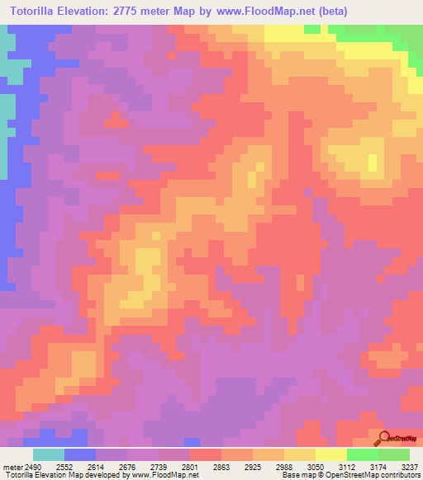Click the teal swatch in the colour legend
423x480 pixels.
tap(49, 454)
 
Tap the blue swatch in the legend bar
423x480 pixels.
tap(80, 454)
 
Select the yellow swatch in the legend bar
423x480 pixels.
tap(300, 454)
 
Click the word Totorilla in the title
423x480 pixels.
tap(40, 12)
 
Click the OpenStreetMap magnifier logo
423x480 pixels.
tap(383, 439)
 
